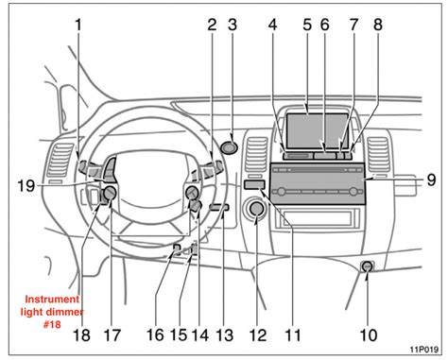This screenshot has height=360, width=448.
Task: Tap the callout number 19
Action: click(27, 186)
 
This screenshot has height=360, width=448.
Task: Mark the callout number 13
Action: click(224, 334)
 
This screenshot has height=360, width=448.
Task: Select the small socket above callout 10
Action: click(367, 267)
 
